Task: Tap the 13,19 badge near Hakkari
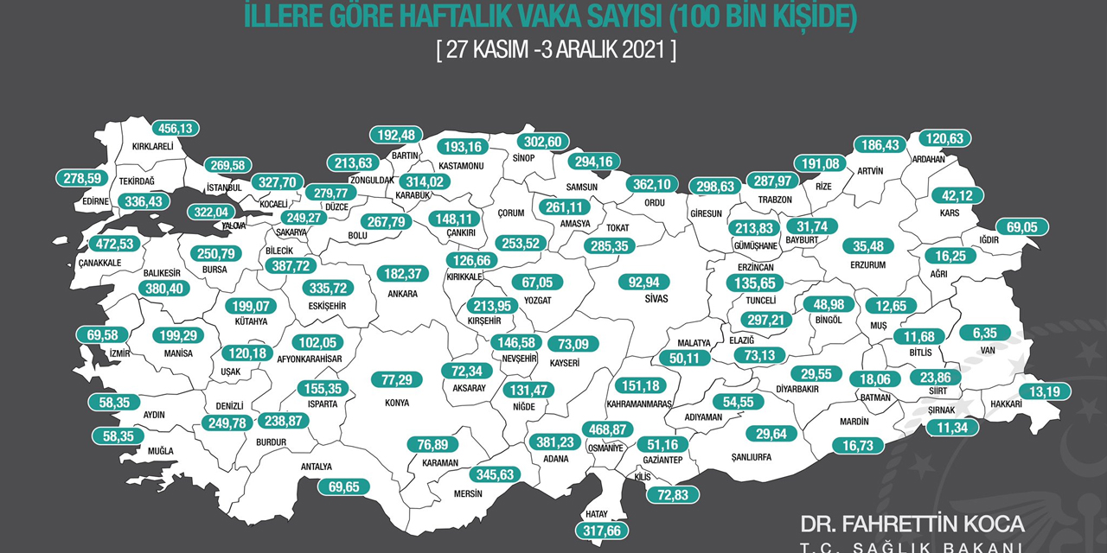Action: pos(1045,391)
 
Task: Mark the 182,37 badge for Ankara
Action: pos(402,274)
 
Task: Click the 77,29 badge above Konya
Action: pos(397,379)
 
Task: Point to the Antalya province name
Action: pos(316,467)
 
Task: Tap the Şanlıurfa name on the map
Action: pos(751,458)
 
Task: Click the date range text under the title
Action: pos(557,49)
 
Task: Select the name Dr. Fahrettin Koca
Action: pos(912,524)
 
